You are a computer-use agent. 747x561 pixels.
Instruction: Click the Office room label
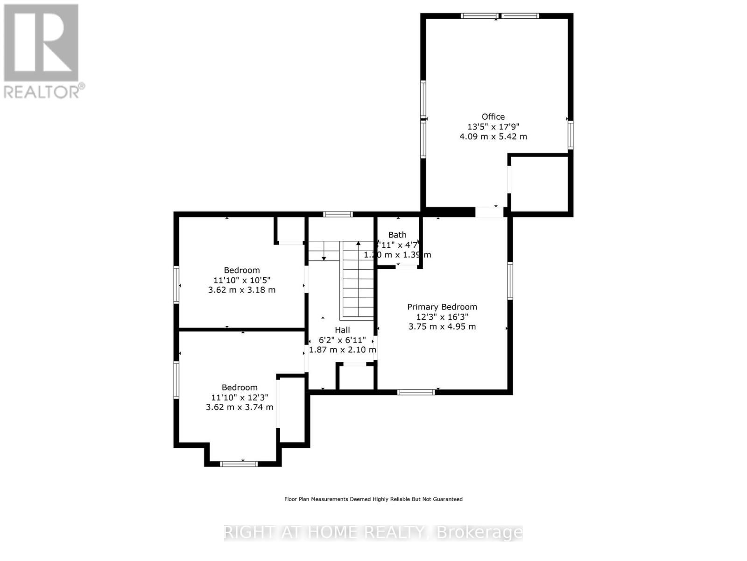pyautogui.click(x=493, y=116)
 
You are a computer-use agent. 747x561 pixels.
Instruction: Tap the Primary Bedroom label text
pyautogui.click(x=442, y=307)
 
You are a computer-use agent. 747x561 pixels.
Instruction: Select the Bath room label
pyautogui.click(x=397, y=235)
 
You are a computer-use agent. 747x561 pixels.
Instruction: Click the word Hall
pyautogui.click(x=342, y=330)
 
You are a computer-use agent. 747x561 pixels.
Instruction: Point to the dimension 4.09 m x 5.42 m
pyautogui.click(x=493, y=137)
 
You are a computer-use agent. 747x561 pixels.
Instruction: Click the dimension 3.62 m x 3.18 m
pyautogui.click(x=241, y=290)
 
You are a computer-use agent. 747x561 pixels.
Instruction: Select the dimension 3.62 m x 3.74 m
pyautogui.click(x=240, y=407)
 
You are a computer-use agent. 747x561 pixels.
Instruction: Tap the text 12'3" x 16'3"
pyautogui.click(x=442, y=316)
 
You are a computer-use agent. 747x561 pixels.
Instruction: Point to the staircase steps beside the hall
pyautogui.click(x=358, y=280)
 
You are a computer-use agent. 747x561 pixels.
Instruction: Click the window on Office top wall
pyautogui.click(x=500, y=16)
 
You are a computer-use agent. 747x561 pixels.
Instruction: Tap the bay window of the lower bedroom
pyautogui.click(x=239, y=464)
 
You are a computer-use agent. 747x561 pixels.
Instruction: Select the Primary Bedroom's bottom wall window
pyautogui.click(x=416, y=392)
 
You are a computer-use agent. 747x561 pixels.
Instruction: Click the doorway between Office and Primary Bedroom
pyautogui.click(x=489, y=212)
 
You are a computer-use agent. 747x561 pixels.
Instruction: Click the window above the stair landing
pyautogui.click(x=338, y=214)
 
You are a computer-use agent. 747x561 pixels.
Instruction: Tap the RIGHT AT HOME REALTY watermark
pyautogui.click(x=373, y=532)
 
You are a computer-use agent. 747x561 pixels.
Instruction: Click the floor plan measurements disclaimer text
pyautogui.click(x=373, y=499)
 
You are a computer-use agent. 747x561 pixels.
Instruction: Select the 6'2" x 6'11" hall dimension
pyautogui.click(x=342, y=340)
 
